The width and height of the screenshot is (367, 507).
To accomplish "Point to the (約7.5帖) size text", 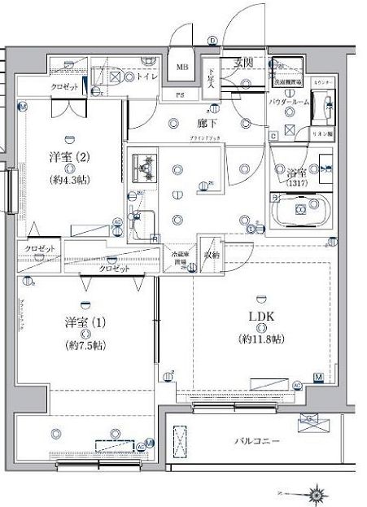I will pos(85,344).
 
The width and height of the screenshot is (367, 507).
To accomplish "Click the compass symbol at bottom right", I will pos(315,492).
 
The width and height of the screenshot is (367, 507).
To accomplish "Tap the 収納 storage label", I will pos(211,255).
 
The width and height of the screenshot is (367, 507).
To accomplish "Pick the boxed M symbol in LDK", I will pos(318,376).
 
